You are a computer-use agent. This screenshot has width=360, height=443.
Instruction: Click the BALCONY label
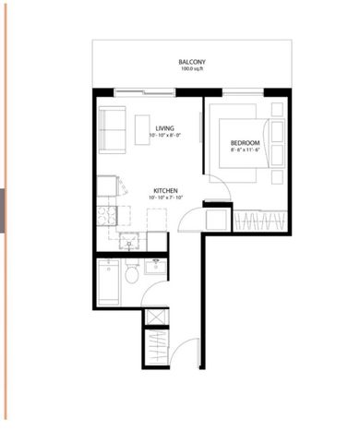(192, 62)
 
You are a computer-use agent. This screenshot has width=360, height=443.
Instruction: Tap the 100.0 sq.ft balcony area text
(192, 69)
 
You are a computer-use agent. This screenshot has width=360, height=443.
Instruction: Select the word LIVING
(165, 127)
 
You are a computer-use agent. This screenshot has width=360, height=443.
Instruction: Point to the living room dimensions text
(165, 136)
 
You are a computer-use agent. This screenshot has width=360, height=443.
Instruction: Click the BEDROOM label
(245, 143)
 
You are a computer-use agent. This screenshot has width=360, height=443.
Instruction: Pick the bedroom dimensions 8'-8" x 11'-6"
(245, 151)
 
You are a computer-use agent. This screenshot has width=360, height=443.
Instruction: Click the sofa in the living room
(113, 131)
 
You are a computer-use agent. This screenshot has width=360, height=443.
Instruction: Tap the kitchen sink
(129, 243)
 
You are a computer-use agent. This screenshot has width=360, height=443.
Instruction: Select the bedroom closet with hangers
(260, 221)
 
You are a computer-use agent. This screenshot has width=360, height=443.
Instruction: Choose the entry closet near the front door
(158, 350)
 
